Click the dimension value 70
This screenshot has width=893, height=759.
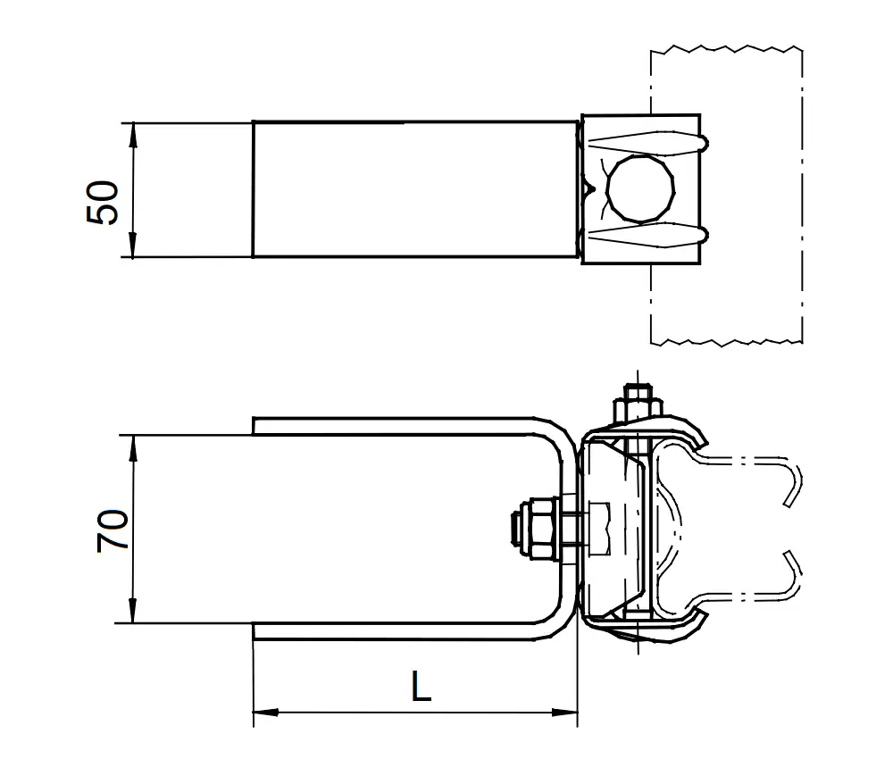pos(113,531)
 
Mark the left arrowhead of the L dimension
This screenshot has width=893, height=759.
pos(263,713)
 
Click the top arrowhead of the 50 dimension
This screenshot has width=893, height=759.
pos(132,130)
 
